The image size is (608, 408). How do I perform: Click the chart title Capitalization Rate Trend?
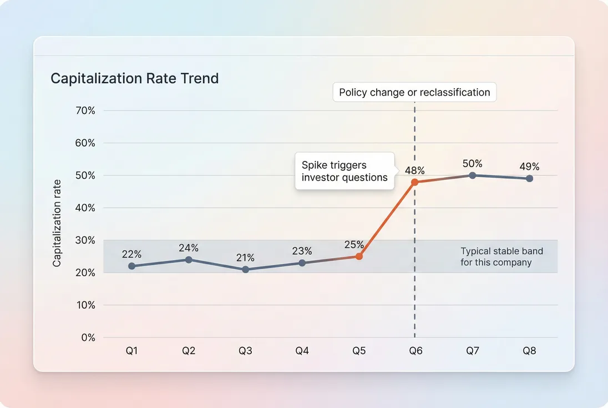click(x=134, y=78)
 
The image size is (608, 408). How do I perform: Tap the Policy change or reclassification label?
click(x=414, y=93)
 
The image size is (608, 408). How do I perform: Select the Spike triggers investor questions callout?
click(x=344, y=172)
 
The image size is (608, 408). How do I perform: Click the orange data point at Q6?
click(x=414, y=182)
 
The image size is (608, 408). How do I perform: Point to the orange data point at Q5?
click(x=359, y=256)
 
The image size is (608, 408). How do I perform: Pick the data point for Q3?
click(x=246, y=269)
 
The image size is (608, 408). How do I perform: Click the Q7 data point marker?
click(x=473, y=175)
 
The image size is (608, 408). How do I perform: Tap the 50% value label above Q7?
click(x=473, y=164)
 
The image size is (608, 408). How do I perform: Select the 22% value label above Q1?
click(x=132, y=254)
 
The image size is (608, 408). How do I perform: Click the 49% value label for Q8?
click(x=529, y=167)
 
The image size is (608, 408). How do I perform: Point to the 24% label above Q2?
click(x=189, y=248)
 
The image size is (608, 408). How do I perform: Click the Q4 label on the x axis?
click(x=302, y=351)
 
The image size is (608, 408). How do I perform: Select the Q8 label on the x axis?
click(x=529, y=351)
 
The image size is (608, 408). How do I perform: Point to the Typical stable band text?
click(x=501, y=256)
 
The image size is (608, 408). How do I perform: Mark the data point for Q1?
click(x=132, y=266)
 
